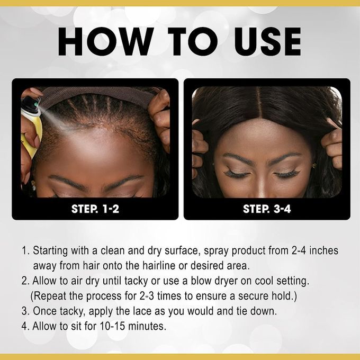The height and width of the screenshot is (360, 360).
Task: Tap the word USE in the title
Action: [267, 41]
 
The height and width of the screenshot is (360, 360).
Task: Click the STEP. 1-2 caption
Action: [95, 209]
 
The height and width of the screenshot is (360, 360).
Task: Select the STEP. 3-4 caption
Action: [267, 209]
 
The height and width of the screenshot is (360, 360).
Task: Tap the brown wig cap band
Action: [96, 94]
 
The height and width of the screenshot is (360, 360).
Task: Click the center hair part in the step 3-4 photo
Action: [259, 103]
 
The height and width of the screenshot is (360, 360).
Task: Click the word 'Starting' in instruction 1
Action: [50, 251]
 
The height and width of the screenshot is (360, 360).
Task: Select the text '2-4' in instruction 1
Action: [299, 250]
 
